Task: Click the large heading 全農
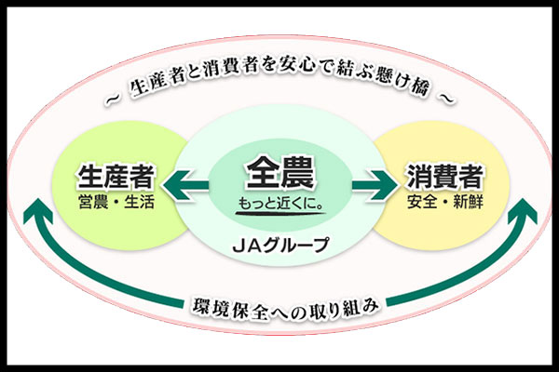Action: pyautogui.click(x=280, y=172)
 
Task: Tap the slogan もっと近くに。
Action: pyautogui.click(x=280, y=203)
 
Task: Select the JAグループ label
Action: pyautogui.click(x=280, y=245)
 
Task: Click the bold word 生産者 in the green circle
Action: pyautogui.click(x=116, y=176)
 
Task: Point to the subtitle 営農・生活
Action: pyautogui.click(x=116, y=202)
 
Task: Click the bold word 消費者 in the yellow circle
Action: pyautogui.click(x=445, y=176)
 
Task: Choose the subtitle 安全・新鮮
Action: pyautogui.click(x=445, y=202)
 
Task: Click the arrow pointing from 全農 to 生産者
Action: pyautogui.click(x=185, y=185)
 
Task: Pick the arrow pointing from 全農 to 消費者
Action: pyautogui.click(x=375, y=185)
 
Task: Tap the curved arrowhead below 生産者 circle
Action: pyautogui.click(x=38, y=213)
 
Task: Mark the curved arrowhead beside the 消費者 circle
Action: pyautogui.click(x=523, y=213)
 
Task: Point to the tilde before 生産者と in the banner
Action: pyautogui.click(x=115, y=100)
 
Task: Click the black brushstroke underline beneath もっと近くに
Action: pyautogui.click(x=280, y=214)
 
